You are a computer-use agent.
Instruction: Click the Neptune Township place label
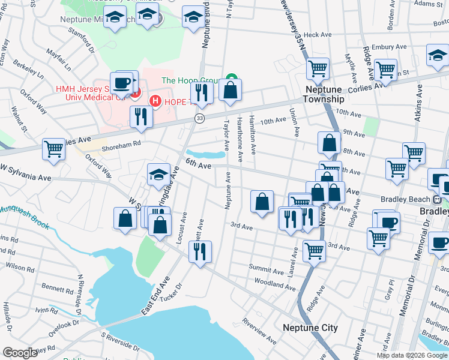323,94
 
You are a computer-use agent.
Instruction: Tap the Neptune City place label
310,328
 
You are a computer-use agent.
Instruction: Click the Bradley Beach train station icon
438,199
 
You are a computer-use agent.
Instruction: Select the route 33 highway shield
199,119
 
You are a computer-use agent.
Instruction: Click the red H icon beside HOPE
155,101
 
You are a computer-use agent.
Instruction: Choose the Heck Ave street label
313,35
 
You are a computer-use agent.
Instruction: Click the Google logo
20,353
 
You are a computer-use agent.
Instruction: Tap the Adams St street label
429,4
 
